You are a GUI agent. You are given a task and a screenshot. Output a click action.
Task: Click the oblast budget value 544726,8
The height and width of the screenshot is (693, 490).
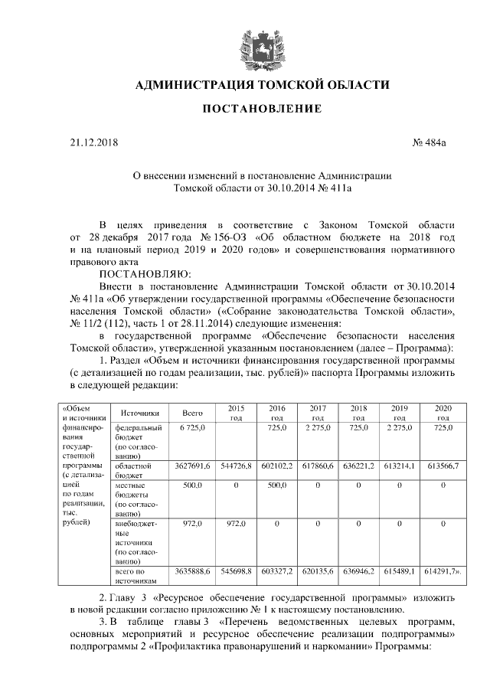pyautogui.click(x=236, y=466)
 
